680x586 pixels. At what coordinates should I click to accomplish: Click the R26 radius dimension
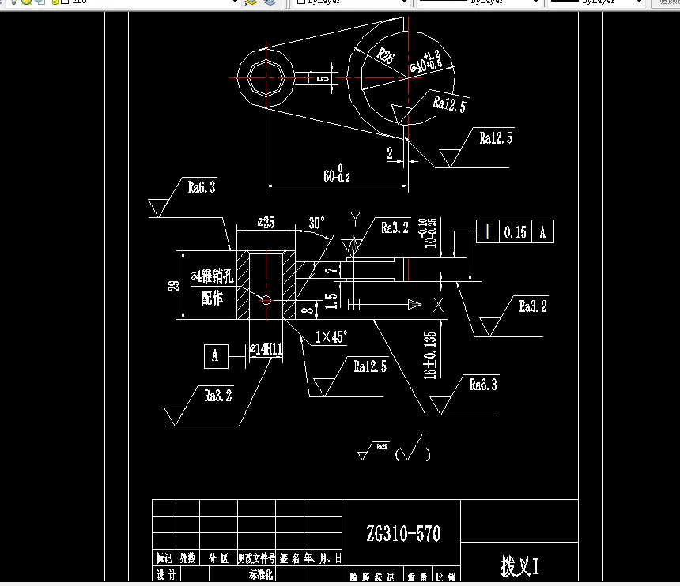click(x=385, y=55)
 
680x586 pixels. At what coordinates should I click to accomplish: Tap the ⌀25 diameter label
click(x=266, y=224)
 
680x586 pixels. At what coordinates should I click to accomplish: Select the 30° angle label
click(x=318, y=224)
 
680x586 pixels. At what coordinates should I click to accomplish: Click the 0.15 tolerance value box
click(x=515, y=232)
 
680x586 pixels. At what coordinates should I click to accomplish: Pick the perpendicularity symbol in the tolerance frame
click(x=489, y=232)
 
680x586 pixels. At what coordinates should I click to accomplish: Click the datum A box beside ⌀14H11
click(x=215, y=356)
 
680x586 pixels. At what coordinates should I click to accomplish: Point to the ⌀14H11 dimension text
click(x=266, y=349)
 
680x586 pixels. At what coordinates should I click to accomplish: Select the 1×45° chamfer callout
click(x=331, y=337)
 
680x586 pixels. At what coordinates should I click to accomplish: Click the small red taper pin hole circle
click(x=266, y=300)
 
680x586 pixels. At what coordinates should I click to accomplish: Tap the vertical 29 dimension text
click(x=174, y=285)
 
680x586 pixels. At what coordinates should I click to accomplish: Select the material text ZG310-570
click(x=403, y=534)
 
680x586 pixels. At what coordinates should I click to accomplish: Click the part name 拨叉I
click(x=519, y=565)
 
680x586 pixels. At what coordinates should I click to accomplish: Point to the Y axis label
click(x=356, y=217)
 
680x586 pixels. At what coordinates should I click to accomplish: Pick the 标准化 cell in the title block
click(x=261, y=576)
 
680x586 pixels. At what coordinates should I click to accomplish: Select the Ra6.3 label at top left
click(x=201, y=188)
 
